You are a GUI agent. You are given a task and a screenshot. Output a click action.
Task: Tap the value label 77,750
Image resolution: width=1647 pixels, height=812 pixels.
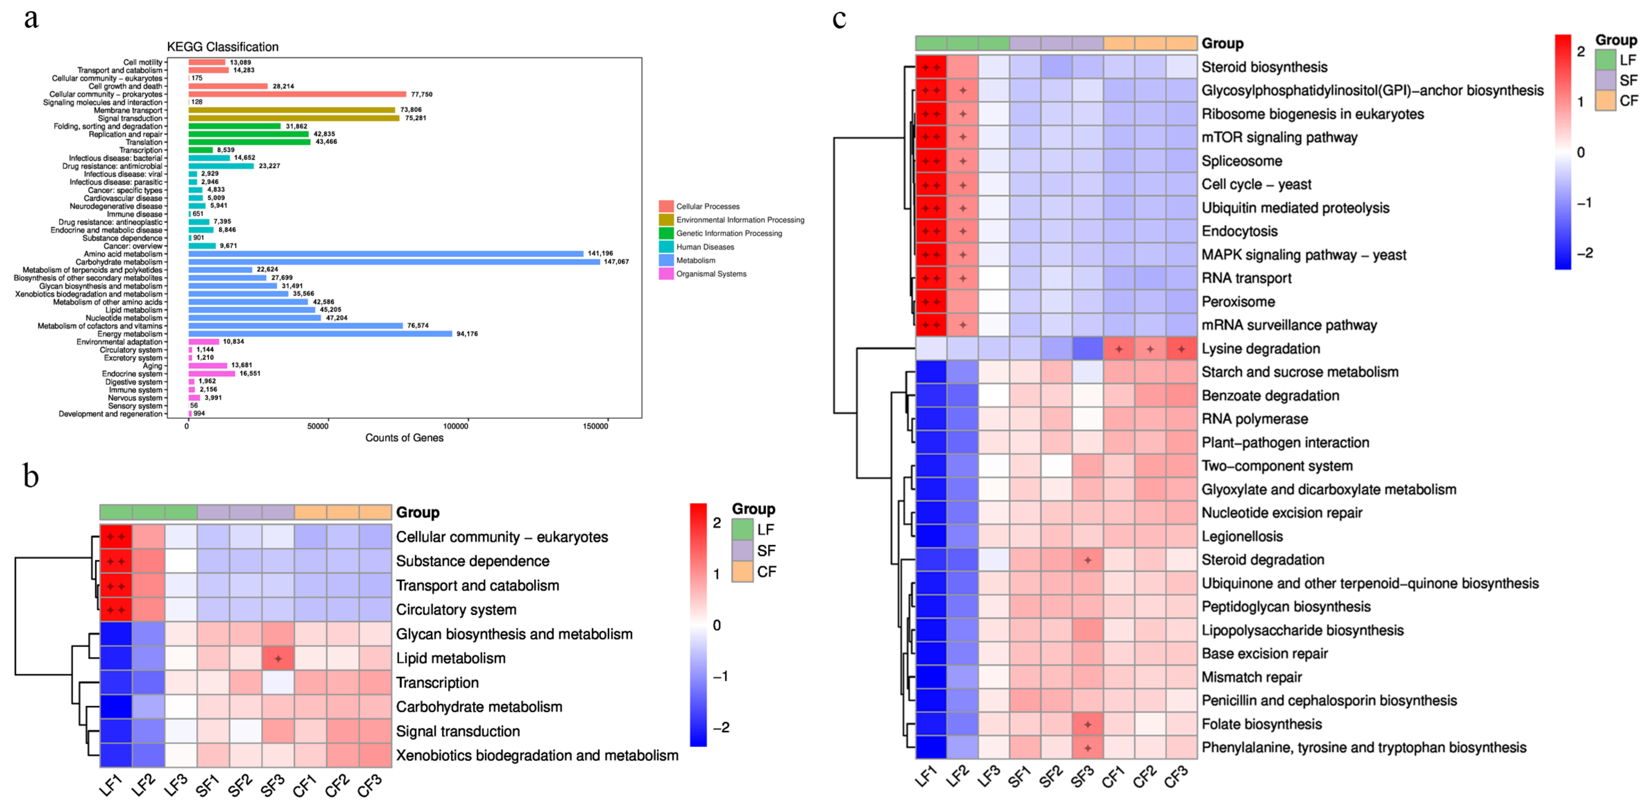(421, 94)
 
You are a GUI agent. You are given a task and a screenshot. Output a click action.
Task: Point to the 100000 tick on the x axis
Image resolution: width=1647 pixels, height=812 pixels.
(455, 426)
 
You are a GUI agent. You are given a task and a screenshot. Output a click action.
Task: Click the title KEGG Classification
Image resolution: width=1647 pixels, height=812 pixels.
(222, 47)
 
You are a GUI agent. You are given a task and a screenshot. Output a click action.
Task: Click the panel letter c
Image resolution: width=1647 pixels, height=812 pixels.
(839, 19)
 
